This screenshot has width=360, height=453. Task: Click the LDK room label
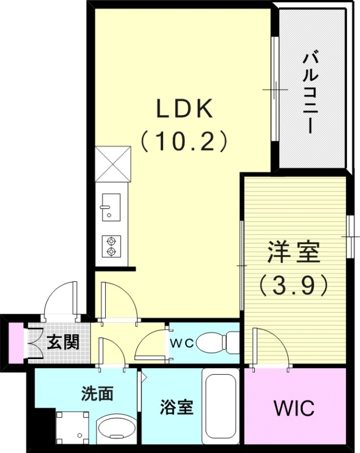pyautogui.click(x=184, y=109)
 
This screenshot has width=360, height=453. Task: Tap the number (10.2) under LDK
pyautogui.click(x=184, y=140)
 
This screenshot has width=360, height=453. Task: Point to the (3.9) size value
pyautogui.click(x=294, y=285)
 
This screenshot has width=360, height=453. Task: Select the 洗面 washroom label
pyautogui.click(x=94, y=394)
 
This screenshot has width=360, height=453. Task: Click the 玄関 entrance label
pyautogui.click(x=62, y=342)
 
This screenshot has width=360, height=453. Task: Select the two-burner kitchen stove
pyautogui.click(x=111, y=246)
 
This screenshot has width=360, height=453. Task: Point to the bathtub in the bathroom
pyautogui.click(x=220, y=405)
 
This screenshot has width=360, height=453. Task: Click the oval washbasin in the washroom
pyautogui.click(x=117, y=429)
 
